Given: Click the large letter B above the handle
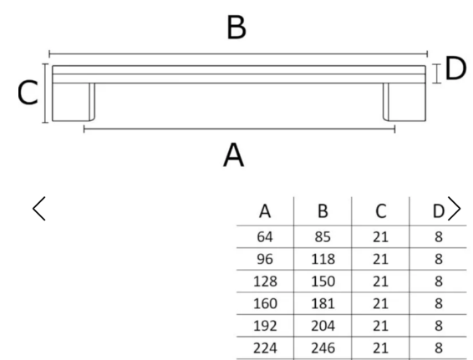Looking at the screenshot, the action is coord(237,28).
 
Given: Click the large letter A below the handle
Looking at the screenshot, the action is coord(233,155).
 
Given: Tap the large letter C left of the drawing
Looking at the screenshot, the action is coord(28,93).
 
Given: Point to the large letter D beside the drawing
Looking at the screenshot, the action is coord(455,69).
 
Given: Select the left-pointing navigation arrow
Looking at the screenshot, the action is coord(39,209).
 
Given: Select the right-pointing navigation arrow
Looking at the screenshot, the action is coord(455,209).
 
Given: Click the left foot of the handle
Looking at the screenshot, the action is coord(74,102).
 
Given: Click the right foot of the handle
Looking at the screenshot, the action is coord(404,102).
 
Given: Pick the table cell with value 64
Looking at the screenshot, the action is coord(265,237).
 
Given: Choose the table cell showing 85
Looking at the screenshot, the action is coord(323,237).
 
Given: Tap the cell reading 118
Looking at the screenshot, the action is coord(323,259).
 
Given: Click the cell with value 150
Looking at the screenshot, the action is coord(323,281).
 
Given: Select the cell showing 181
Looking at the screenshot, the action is coord(323,303).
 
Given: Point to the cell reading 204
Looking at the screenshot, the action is coord(323,326).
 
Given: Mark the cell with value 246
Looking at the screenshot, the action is coord(323,348).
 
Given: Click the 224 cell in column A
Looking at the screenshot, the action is coord(265,348).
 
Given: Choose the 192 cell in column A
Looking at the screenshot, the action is coord(265,326).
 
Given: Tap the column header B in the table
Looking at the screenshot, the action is coord(323,211).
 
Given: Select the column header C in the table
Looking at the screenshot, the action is coord(381,211).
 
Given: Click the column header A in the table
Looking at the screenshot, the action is coord(265,211).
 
